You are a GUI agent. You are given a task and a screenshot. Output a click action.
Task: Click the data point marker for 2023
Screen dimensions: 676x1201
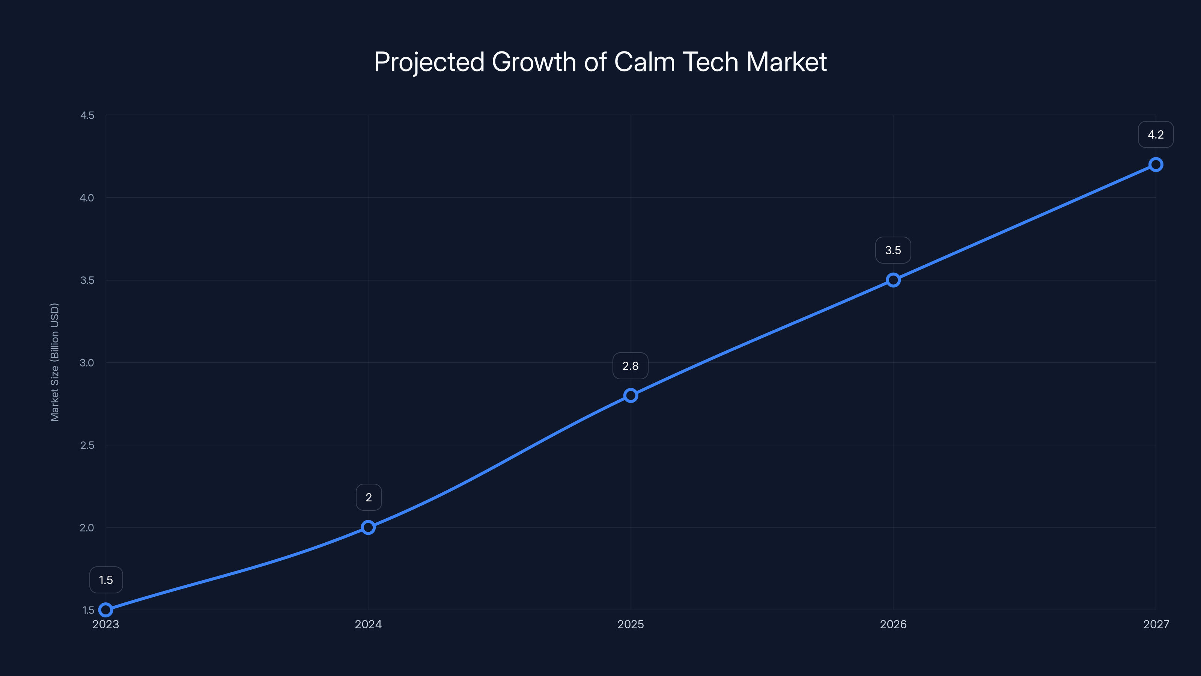(106, 610)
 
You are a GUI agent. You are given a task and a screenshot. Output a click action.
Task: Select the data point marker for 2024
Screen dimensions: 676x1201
(368, 527)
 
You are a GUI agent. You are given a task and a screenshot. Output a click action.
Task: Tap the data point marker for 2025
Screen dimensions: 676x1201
(631, 395)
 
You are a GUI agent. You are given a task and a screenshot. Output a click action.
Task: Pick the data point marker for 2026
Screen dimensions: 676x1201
(893, 280)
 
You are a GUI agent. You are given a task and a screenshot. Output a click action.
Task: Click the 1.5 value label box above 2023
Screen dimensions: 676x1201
(106, 580)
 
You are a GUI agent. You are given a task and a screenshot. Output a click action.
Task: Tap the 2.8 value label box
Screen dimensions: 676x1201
(631, 366)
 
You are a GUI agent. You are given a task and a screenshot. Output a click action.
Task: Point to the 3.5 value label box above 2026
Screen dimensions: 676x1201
(893, 250)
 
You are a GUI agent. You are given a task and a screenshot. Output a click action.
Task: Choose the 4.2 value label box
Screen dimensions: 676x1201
(1156, 134)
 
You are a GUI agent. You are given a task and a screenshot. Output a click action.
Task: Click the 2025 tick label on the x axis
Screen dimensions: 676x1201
(631, 624)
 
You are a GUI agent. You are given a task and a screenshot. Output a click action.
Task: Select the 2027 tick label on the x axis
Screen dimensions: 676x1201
(1156, 624)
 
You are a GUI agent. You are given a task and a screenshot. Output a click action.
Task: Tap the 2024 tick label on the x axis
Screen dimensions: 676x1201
(368, 624)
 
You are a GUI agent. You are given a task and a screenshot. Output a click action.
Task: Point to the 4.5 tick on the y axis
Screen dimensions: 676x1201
(87, 115)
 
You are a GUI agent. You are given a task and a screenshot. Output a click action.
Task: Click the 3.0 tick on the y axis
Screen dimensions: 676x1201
(87, 362)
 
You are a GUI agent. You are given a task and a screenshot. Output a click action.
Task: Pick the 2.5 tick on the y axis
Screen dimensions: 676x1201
(87, 445)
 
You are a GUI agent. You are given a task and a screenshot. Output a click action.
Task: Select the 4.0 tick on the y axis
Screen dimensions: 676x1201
(87, 198)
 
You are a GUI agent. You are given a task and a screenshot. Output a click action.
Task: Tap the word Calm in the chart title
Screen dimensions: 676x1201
(644, 62)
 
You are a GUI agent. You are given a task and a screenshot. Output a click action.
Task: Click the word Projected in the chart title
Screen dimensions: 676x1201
(429, 62)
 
